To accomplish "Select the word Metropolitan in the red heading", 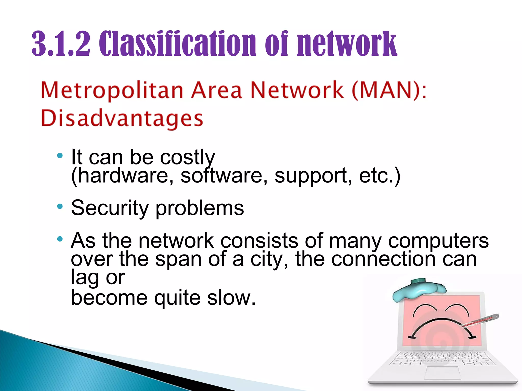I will [112, 91].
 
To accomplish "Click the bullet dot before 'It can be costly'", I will [60, 156].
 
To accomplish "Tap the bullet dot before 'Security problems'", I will [60, 206].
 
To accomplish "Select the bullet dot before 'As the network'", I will [60, 239].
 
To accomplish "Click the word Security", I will [110, 208].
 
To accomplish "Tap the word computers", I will [438, 241].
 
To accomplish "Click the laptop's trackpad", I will [442, 373].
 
